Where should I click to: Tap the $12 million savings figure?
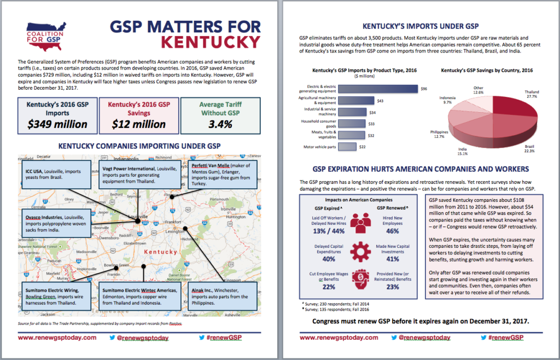(139, 124)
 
